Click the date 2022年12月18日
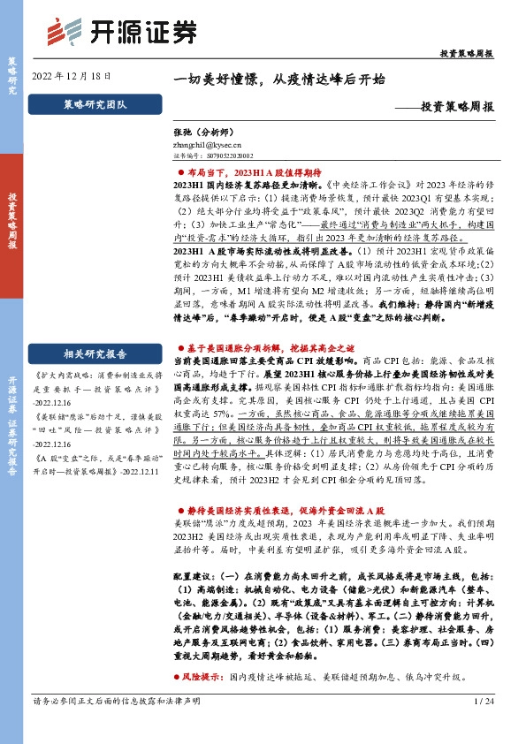[72, 78]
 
